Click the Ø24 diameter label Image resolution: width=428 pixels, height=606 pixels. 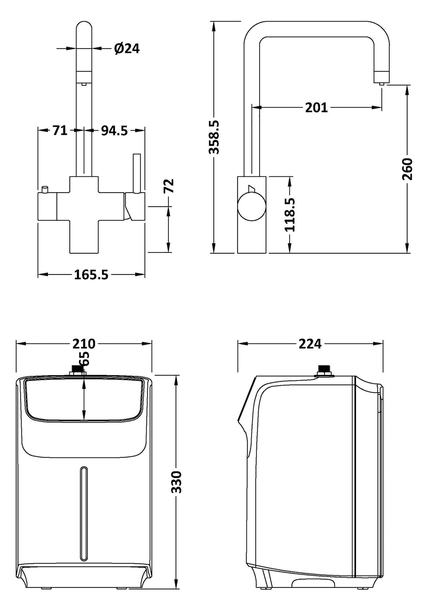click(x=127, y=48)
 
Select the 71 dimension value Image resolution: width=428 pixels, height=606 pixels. click(x=60, y=131)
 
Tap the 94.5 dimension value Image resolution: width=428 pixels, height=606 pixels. click(x=114, y=131)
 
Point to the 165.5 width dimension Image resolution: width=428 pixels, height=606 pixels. click(x=91, y=274)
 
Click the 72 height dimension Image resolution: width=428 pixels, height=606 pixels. click(x=170, y=186)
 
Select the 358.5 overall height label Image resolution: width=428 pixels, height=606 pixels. click(x=214, y=137)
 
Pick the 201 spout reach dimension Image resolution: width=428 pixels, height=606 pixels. click(x=316, y=108)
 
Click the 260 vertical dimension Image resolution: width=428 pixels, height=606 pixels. click(x=408, y=169)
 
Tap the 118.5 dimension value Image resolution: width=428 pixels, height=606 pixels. click(x=290, y=214)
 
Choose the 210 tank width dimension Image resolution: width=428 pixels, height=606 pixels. click(x=84, y=343)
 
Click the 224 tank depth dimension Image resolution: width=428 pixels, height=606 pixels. click(x=310, y=343)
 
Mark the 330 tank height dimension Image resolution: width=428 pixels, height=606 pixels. click(x=176, y=482)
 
